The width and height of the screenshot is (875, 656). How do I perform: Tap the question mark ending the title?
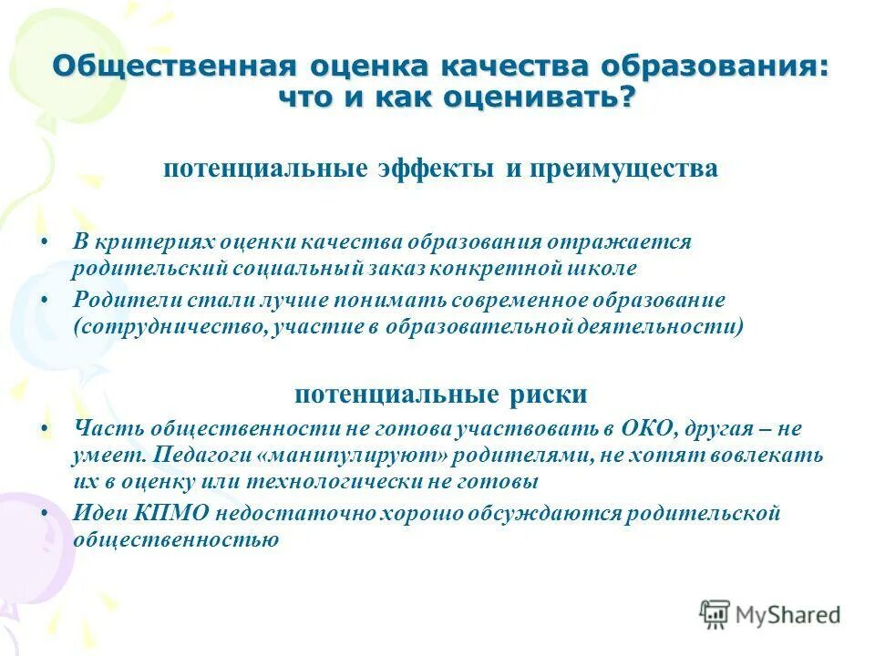tap(623, 97)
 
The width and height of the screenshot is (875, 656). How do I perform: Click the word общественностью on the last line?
tap(176, 539)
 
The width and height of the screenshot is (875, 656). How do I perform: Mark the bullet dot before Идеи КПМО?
tap(46, 514)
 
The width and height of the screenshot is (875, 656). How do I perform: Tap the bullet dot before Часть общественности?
tap(46, 428)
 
